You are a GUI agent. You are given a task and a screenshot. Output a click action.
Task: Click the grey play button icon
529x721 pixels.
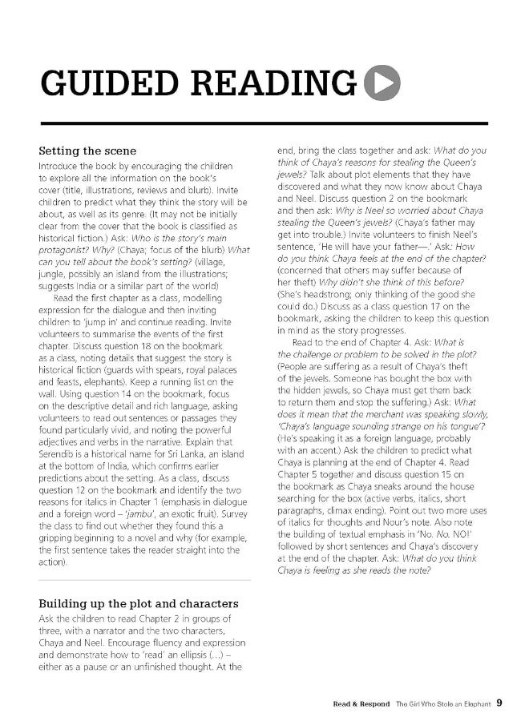[382, 84]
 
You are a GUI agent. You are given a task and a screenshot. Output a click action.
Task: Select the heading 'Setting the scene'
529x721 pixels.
[87, 151]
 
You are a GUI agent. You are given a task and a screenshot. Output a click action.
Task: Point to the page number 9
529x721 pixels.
[499, 703]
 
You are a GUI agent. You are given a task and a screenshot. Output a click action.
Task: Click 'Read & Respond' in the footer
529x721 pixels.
[361, 704]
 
